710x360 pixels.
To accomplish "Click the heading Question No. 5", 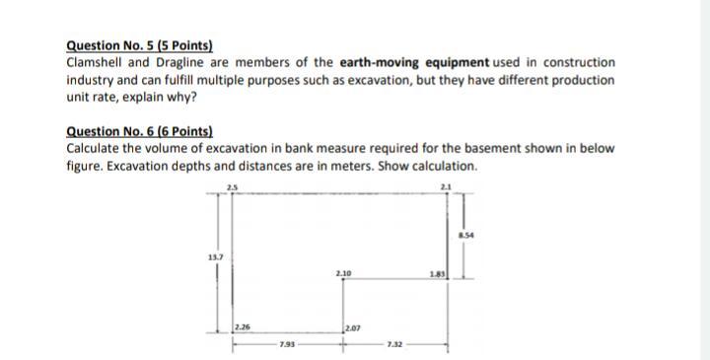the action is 139,45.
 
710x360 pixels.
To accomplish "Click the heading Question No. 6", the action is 139,132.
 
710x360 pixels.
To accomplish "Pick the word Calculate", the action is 94,149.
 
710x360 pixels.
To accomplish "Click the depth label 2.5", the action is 233,187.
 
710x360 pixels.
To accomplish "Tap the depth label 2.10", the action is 343,271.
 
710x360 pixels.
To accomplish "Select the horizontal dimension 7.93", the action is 286,344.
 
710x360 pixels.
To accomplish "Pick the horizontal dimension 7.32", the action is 394,344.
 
